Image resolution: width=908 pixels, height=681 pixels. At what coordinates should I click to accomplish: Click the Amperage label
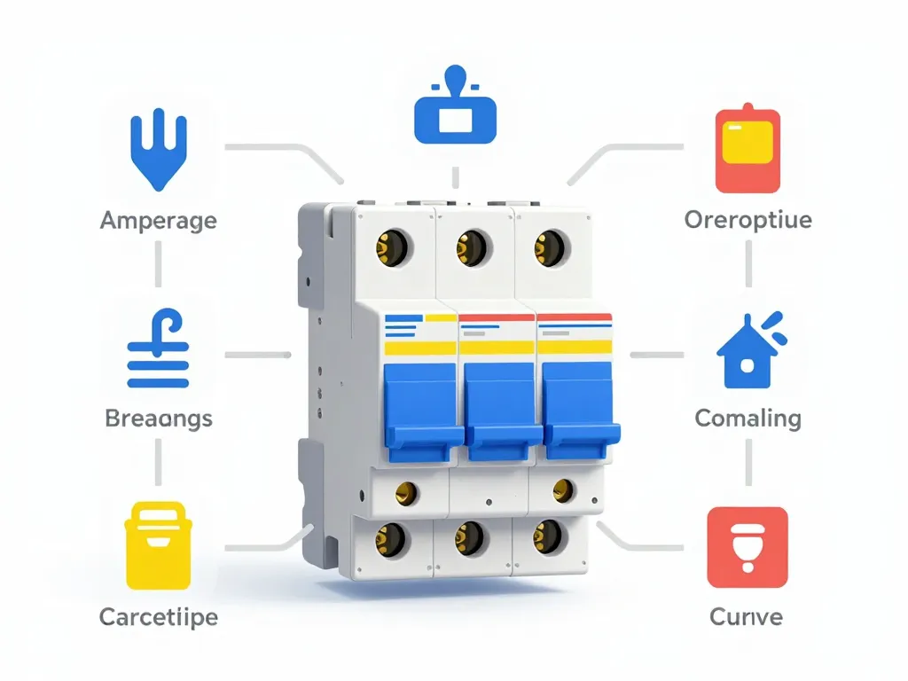click(159, 221)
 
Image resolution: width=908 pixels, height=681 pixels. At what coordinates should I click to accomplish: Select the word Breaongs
click(159, 418)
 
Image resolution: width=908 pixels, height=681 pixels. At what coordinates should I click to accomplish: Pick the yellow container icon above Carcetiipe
click(159, 544)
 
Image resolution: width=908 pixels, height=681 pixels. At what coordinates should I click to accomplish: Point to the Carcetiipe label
click(159, 615)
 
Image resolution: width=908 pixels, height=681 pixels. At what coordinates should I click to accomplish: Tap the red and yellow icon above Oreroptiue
click(748, 150)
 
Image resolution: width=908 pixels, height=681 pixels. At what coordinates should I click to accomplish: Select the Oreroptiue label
click(748, 219)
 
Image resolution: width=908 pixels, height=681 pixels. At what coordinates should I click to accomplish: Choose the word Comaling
click(748, 418)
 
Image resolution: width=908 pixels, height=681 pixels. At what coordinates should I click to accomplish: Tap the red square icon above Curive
click(748, 548)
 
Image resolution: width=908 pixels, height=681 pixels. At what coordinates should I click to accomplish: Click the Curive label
click(748, 615)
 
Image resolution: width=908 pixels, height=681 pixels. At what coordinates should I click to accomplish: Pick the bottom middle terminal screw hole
click(469, 536)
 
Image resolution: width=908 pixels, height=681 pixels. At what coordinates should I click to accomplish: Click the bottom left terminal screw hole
click(390, 536)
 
